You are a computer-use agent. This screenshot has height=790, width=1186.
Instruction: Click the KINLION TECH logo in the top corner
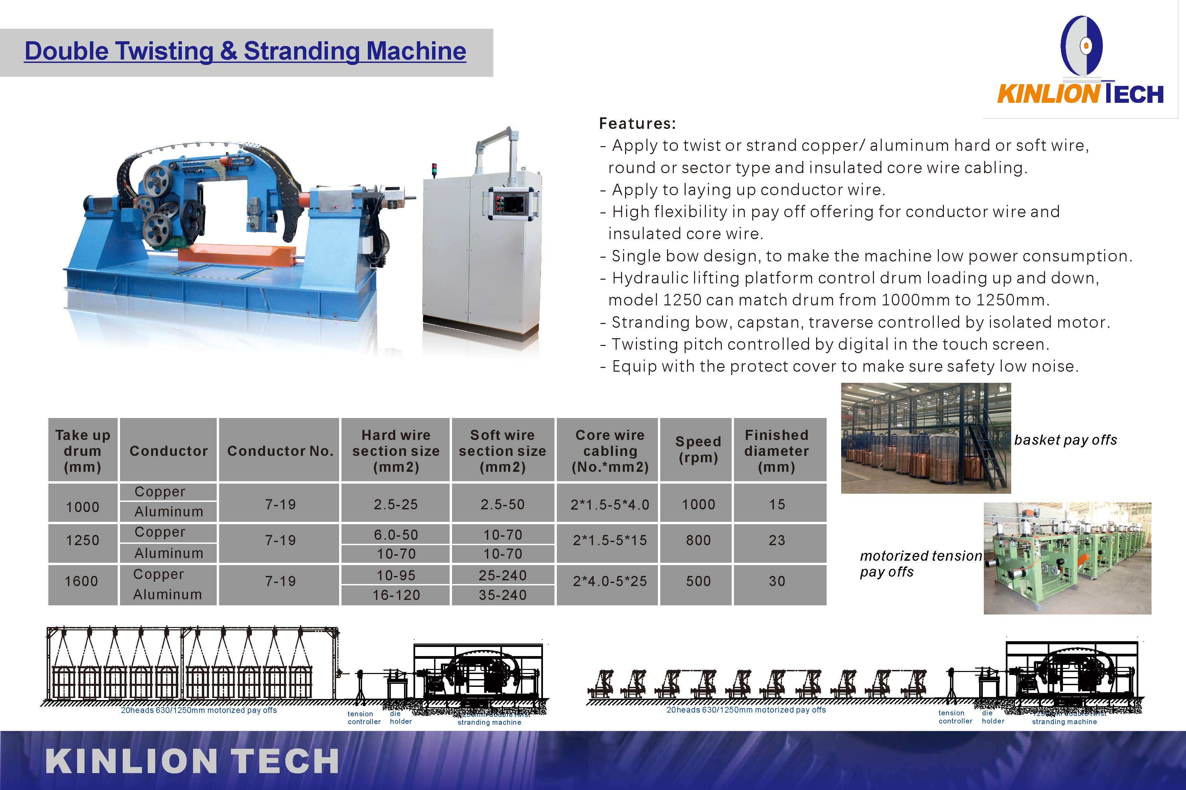[x=1081, y=63]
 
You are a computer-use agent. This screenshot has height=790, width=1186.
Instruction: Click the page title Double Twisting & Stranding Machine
[x=245, y=51]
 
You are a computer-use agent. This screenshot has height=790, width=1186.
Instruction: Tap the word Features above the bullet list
[x=637, y=123]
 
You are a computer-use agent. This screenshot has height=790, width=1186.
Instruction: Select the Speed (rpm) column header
[x=698, y=449]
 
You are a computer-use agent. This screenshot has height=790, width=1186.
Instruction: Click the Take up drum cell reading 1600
[x=81, y=581]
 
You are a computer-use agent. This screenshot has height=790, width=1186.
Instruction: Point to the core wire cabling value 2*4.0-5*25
[x=609, y=581]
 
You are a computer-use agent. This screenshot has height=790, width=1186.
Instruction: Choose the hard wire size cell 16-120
[x=396, y=595]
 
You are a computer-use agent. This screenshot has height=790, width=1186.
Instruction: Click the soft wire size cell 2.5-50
[x=503, y=504]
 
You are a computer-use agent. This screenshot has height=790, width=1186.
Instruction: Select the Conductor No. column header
[x=280, y=451]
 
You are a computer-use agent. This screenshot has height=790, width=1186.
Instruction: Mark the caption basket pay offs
[x=1065, y=440]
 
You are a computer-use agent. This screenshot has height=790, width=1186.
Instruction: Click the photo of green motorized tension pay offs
[x=1067, y=558]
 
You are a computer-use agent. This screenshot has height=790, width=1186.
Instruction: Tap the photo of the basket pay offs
[x=926, y=438]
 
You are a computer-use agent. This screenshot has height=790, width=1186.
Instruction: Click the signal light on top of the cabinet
[x=433, y=169]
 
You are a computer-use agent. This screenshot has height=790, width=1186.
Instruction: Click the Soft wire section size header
[x=503, y=451]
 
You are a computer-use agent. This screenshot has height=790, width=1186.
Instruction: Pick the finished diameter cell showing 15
[x=777, y=504]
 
